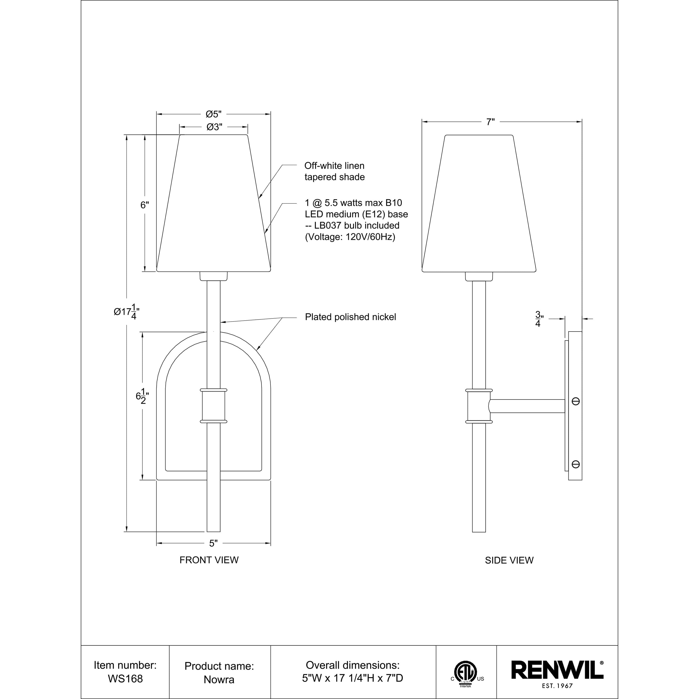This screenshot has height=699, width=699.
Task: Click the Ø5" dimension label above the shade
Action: [213, 114]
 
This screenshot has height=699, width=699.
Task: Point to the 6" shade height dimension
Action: [145, 205]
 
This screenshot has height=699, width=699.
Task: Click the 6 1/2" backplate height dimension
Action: [142, 397]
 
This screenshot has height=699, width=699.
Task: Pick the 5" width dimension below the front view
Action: [213, 543]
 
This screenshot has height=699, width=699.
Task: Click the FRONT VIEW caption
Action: [209, 560]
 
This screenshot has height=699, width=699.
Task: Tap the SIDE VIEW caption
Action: [509, 560]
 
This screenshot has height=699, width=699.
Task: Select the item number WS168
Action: [125, 679]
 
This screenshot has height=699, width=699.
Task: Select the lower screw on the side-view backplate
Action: [575, 464]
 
